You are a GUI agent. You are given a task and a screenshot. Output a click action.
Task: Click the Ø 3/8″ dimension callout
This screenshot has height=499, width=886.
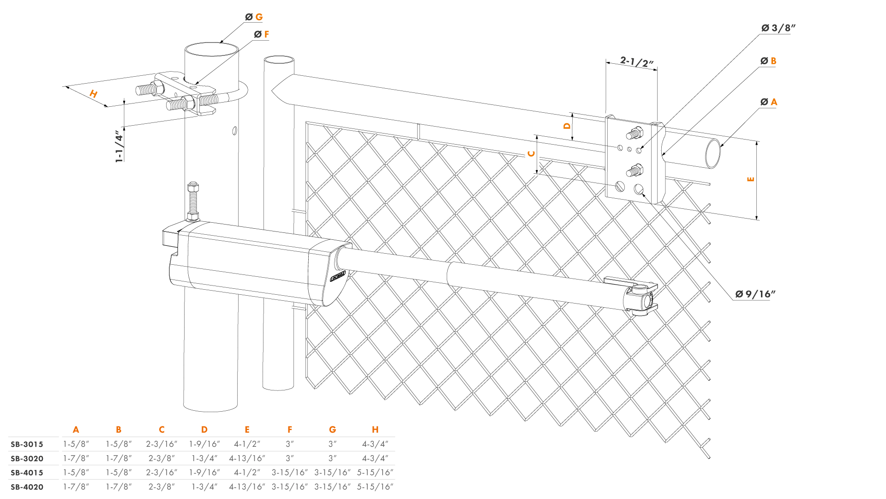778,28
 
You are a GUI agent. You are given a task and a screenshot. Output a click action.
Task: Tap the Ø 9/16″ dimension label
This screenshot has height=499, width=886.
755,294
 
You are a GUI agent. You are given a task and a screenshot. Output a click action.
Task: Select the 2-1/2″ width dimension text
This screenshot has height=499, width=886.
637,62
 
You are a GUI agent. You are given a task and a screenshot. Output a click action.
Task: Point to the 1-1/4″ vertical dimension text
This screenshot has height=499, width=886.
120,146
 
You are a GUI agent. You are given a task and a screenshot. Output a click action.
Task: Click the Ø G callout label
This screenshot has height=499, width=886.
254,17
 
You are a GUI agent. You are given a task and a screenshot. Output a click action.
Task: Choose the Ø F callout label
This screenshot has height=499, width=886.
261,35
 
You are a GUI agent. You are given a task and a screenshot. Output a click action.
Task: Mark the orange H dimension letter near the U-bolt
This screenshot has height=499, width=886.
94,94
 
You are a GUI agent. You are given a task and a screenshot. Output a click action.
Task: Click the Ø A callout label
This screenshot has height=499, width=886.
769,102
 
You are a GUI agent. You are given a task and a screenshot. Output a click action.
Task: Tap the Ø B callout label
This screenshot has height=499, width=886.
768,61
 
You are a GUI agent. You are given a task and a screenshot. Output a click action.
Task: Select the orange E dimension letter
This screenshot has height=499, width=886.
751,179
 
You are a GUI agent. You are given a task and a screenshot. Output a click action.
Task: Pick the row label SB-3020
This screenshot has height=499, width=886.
27,459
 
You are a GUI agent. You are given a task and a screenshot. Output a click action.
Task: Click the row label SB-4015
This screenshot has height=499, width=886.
27,473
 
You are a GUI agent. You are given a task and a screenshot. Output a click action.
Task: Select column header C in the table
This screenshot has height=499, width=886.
162,430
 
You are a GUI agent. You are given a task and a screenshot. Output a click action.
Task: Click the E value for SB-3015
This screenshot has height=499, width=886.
247,444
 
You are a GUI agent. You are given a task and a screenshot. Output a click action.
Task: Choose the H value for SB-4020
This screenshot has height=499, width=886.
375,487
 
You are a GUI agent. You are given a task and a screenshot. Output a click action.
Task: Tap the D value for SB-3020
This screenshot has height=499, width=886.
204,458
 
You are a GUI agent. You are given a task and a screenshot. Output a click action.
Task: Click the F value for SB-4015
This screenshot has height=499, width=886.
289,473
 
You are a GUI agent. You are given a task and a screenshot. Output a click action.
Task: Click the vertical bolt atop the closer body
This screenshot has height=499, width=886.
193,201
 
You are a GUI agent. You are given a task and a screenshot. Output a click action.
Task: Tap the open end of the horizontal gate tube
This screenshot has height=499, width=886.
713,153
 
